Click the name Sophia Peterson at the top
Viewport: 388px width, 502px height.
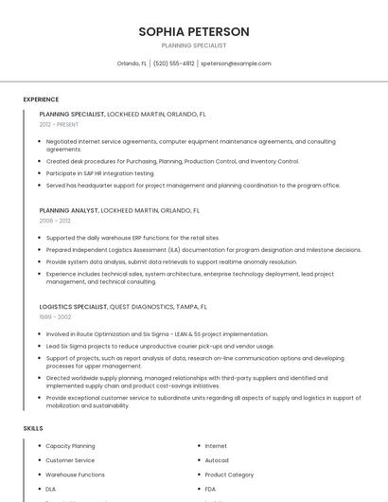194,31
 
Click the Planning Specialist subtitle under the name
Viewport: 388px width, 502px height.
194,45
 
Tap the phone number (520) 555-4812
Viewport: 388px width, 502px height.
173,63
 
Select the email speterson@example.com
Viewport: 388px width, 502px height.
236,63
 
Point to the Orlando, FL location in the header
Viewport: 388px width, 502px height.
132,63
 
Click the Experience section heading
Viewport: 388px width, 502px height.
41,99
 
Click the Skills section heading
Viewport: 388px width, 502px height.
33,428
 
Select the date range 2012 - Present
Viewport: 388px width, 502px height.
59,124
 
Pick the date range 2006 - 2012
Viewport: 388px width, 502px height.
55,221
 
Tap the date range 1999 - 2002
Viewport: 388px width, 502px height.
55,317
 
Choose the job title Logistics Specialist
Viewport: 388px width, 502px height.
73,307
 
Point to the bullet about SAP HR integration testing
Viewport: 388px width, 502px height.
100,173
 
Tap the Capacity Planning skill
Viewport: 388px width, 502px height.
70,446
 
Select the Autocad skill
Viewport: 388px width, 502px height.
217,460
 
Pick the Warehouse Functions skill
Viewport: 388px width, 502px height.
76,475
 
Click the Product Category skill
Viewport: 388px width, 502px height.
229,475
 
